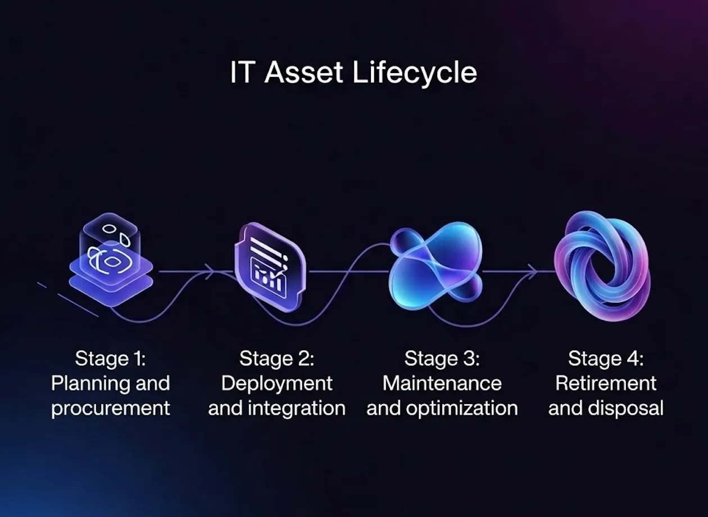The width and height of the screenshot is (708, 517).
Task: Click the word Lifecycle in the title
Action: pos(414,73)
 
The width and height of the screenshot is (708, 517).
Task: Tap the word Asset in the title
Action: pos(303,72)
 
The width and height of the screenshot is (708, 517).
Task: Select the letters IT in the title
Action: pos(243,72)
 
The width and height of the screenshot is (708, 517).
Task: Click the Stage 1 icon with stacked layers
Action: pos(111,260)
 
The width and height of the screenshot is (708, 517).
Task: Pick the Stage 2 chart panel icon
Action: pos(271,267)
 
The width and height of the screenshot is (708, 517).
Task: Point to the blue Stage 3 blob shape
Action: pos(436,266)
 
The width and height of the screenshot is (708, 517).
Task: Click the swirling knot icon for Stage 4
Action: pos(602,266)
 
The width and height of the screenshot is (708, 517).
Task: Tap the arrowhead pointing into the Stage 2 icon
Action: pos(211,271)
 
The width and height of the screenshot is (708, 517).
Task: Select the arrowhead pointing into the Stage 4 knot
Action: pos(533,271)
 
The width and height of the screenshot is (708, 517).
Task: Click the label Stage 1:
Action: pos(110,359)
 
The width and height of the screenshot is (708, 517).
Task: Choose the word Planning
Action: pos(89,384)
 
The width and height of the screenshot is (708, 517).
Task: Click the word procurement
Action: pos(111,409)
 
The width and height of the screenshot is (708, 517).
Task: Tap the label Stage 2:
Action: pos(276,359)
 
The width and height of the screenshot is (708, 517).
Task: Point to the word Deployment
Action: pos(276,384)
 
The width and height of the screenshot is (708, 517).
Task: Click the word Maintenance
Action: pos(442,384)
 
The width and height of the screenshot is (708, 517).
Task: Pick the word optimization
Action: pos(462,409)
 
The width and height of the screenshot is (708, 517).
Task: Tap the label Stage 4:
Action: pos(606,359)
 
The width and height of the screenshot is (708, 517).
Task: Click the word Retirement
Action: pos(606,384)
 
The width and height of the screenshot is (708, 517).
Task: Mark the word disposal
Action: pos(625,409)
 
